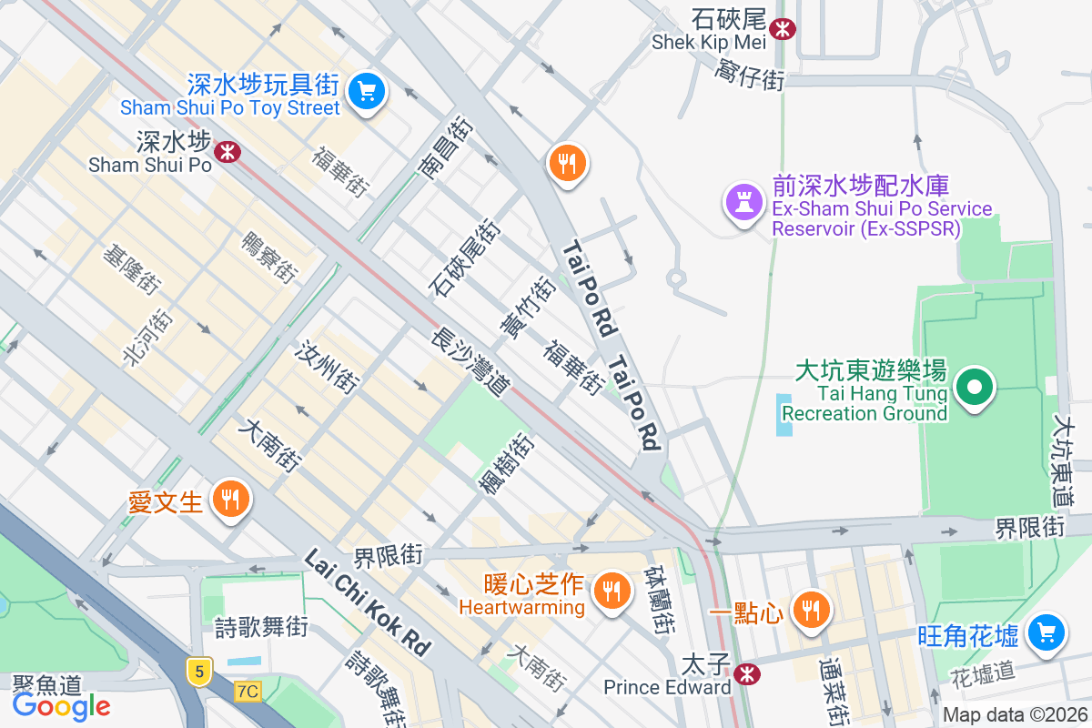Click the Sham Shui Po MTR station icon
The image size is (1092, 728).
[x=227, y=150]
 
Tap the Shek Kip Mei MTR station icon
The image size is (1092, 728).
[x=781, y=29]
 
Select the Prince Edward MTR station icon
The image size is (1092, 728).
[x=747, y=673]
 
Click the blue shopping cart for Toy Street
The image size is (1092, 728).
[x=367, y=90]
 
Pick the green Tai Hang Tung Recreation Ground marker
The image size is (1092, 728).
[x=975, y=388]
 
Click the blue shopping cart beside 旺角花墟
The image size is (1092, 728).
[x=1046, y=630]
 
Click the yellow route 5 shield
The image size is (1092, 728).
[x=199, y=672]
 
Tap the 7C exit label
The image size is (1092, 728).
[x=247, y=692]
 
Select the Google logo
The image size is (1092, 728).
[x=61, y=706]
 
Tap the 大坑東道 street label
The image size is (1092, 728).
[x=1063, y=460]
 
